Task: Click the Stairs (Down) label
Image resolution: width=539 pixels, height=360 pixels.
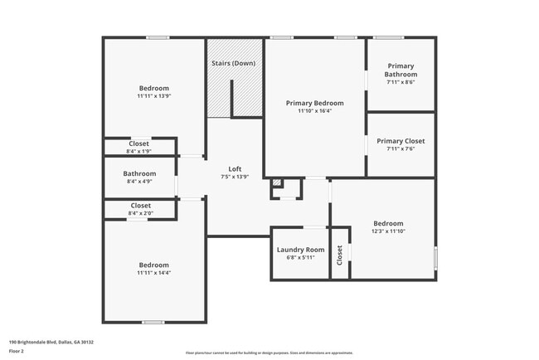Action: coord(232,63)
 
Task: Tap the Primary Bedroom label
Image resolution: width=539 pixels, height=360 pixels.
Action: coord(314,104)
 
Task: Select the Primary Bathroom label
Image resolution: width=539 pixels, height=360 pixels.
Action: coord(401,70)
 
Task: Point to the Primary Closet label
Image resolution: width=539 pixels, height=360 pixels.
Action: coord(401,141)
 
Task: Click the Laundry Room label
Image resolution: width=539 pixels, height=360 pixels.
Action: coord(300,250)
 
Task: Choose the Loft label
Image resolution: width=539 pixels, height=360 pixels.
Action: coord(235,169)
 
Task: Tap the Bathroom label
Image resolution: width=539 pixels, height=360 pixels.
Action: coord(140,173)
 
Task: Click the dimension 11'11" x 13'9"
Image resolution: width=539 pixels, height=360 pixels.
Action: coord(153,96)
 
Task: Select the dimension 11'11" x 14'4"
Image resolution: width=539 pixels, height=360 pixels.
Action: coord(153,273)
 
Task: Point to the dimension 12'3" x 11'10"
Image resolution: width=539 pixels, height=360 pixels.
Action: coord(387,231)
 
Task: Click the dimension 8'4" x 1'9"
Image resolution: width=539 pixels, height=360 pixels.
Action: coord(139,151)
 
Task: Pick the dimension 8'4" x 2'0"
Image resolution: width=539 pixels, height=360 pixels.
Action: coord(140,213)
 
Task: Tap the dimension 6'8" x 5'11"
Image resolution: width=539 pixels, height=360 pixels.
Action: coord(300,257)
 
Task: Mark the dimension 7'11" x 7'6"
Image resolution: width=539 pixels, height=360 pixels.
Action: coord(401,149)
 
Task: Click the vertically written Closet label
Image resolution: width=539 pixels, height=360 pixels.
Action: coord(339,256)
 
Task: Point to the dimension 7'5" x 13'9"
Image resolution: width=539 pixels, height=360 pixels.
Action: coord(235,177)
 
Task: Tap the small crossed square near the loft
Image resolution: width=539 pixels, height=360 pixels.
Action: coord(277,185)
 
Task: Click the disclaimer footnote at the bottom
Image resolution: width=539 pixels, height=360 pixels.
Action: coord(269,353)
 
